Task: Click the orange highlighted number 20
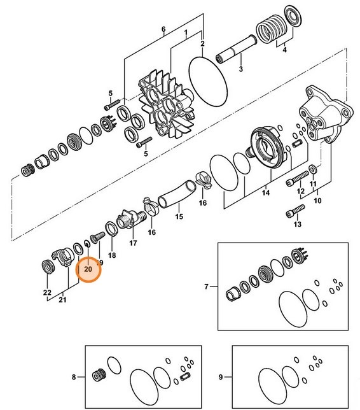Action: [x=88, y=269]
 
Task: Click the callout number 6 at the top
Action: [x=163, y=30]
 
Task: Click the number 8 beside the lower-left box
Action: [x=73, y=377]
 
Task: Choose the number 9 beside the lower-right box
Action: [x=220, y=377]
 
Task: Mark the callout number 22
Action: [x=47, y=292]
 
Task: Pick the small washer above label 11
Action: [x=312, y=169]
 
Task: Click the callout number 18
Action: [x=112, y=255]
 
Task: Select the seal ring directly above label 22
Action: [x=48, y=265]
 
